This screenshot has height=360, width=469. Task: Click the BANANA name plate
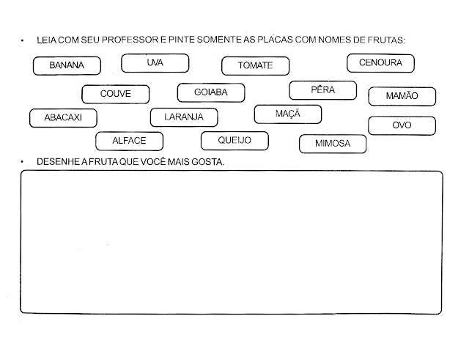67,66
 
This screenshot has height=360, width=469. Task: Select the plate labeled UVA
155,63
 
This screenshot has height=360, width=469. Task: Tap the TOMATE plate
256,66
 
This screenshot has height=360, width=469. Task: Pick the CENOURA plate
381,63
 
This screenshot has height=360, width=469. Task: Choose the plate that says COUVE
116,95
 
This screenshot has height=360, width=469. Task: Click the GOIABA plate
211,93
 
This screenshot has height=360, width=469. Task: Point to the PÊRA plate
323,90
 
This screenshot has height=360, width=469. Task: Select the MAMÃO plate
402,96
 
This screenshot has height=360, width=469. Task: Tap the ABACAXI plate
63,118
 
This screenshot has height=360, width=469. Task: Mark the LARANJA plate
184,117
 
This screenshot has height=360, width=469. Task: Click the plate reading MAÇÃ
288,114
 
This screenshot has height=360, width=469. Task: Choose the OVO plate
402,125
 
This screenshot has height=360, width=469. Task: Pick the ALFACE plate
129,142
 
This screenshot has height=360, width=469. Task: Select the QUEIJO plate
234,141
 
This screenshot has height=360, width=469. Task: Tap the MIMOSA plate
333,144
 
